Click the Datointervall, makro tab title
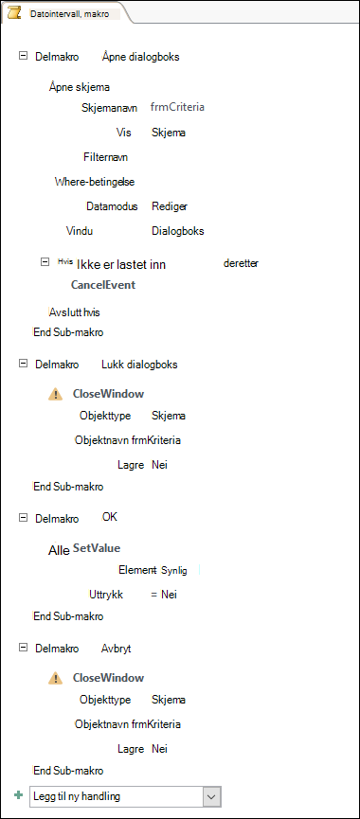(69, 14)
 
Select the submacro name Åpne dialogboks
(140, 57)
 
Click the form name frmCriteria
(177, 107)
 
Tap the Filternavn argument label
(105, 156)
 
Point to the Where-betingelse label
(95, 182)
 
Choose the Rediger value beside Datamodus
(170, 206)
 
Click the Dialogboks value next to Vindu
(178, 231)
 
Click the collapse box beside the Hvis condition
(45, 262)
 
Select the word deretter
(241, 263)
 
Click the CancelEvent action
(103, 285)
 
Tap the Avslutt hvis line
(74, 312)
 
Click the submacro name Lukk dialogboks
(139, 365)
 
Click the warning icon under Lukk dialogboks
(55, 395)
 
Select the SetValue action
(97, 548)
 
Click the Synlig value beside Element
(174, 570)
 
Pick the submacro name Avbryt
(116, 649)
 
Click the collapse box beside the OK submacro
(23, 517)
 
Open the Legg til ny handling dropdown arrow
(211, 796)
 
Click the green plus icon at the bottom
(19, 795)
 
